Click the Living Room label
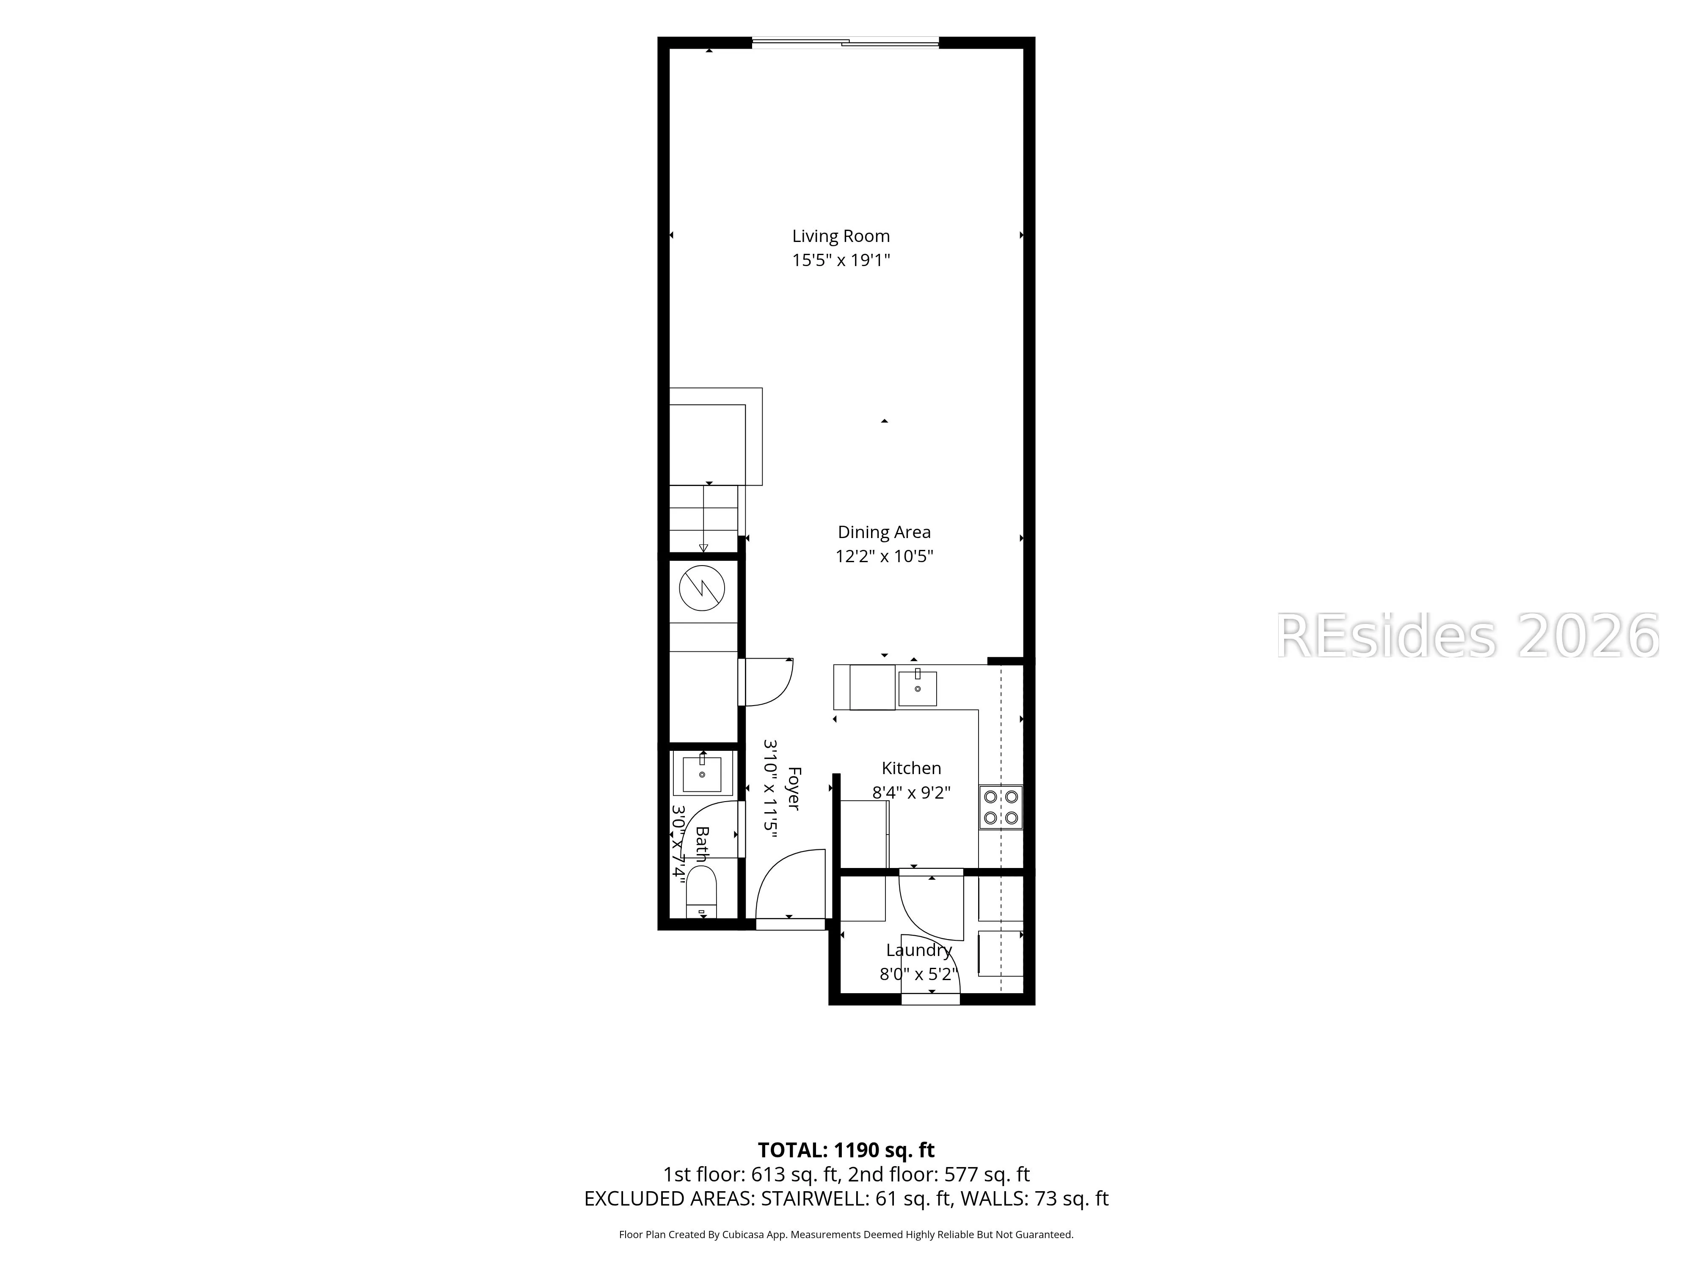(841, 236)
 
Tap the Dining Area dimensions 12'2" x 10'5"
(884, 556)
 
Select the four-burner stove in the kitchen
(1000, 807)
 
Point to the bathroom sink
(702, 773)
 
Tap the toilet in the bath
(701, 892)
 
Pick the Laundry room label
(918, 950)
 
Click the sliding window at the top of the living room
(845, 43)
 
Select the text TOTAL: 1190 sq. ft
(846, 1150)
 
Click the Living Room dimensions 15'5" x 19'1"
(841, 260)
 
